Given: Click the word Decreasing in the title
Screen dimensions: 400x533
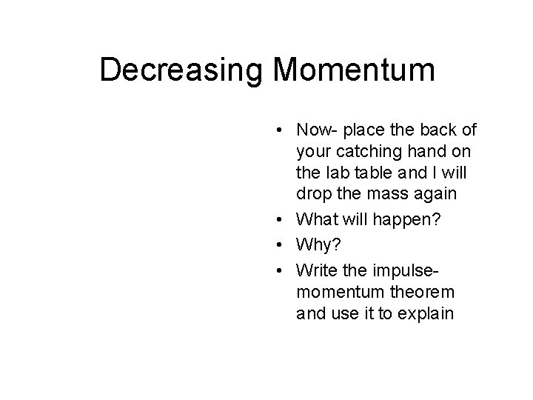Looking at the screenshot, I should [x=182, y=71].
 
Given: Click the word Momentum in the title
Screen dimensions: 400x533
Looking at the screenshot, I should [x=354, y=71].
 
